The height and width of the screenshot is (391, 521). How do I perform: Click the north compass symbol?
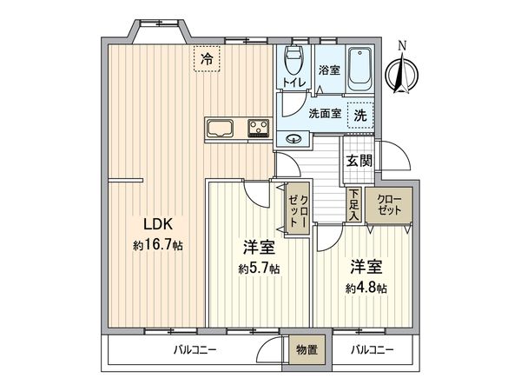(x=401, y=72)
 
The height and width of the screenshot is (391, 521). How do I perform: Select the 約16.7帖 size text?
(x=157, y=245)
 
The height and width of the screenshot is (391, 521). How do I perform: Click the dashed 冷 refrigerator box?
(x=207, y=59)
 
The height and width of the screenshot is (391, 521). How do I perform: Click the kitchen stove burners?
(x=259, y=129)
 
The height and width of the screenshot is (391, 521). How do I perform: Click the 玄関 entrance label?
(x=359, y=160)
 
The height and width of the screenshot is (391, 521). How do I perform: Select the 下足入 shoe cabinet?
(x=354, y=206)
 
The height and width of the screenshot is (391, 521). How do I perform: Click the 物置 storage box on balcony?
(x=306, y=350)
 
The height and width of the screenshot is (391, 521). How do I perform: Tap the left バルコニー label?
(x=188, y=350)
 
